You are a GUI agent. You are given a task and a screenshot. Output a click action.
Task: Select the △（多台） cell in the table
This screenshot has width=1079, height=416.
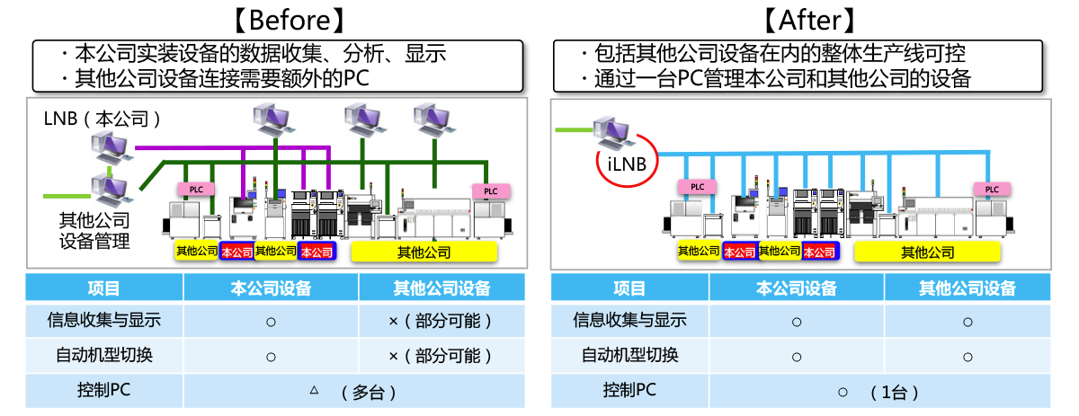354,392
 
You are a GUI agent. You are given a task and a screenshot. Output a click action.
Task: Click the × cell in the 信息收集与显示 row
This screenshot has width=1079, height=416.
441,320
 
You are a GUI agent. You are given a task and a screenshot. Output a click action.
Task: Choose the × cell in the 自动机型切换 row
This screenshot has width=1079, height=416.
441,355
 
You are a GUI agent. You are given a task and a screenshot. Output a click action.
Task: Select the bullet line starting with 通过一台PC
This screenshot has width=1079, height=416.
775,79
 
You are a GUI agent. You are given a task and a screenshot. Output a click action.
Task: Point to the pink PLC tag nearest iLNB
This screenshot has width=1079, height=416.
697,187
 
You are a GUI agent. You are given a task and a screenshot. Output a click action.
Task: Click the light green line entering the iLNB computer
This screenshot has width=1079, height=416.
573,130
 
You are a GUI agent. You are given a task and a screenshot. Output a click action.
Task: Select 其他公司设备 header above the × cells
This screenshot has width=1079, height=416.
441,288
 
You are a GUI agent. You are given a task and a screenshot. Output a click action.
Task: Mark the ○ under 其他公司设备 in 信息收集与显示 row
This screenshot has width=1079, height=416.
968,321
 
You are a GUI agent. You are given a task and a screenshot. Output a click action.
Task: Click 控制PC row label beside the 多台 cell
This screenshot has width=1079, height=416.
104,391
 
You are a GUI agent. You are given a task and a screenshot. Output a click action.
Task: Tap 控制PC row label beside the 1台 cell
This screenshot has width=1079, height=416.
629,391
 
